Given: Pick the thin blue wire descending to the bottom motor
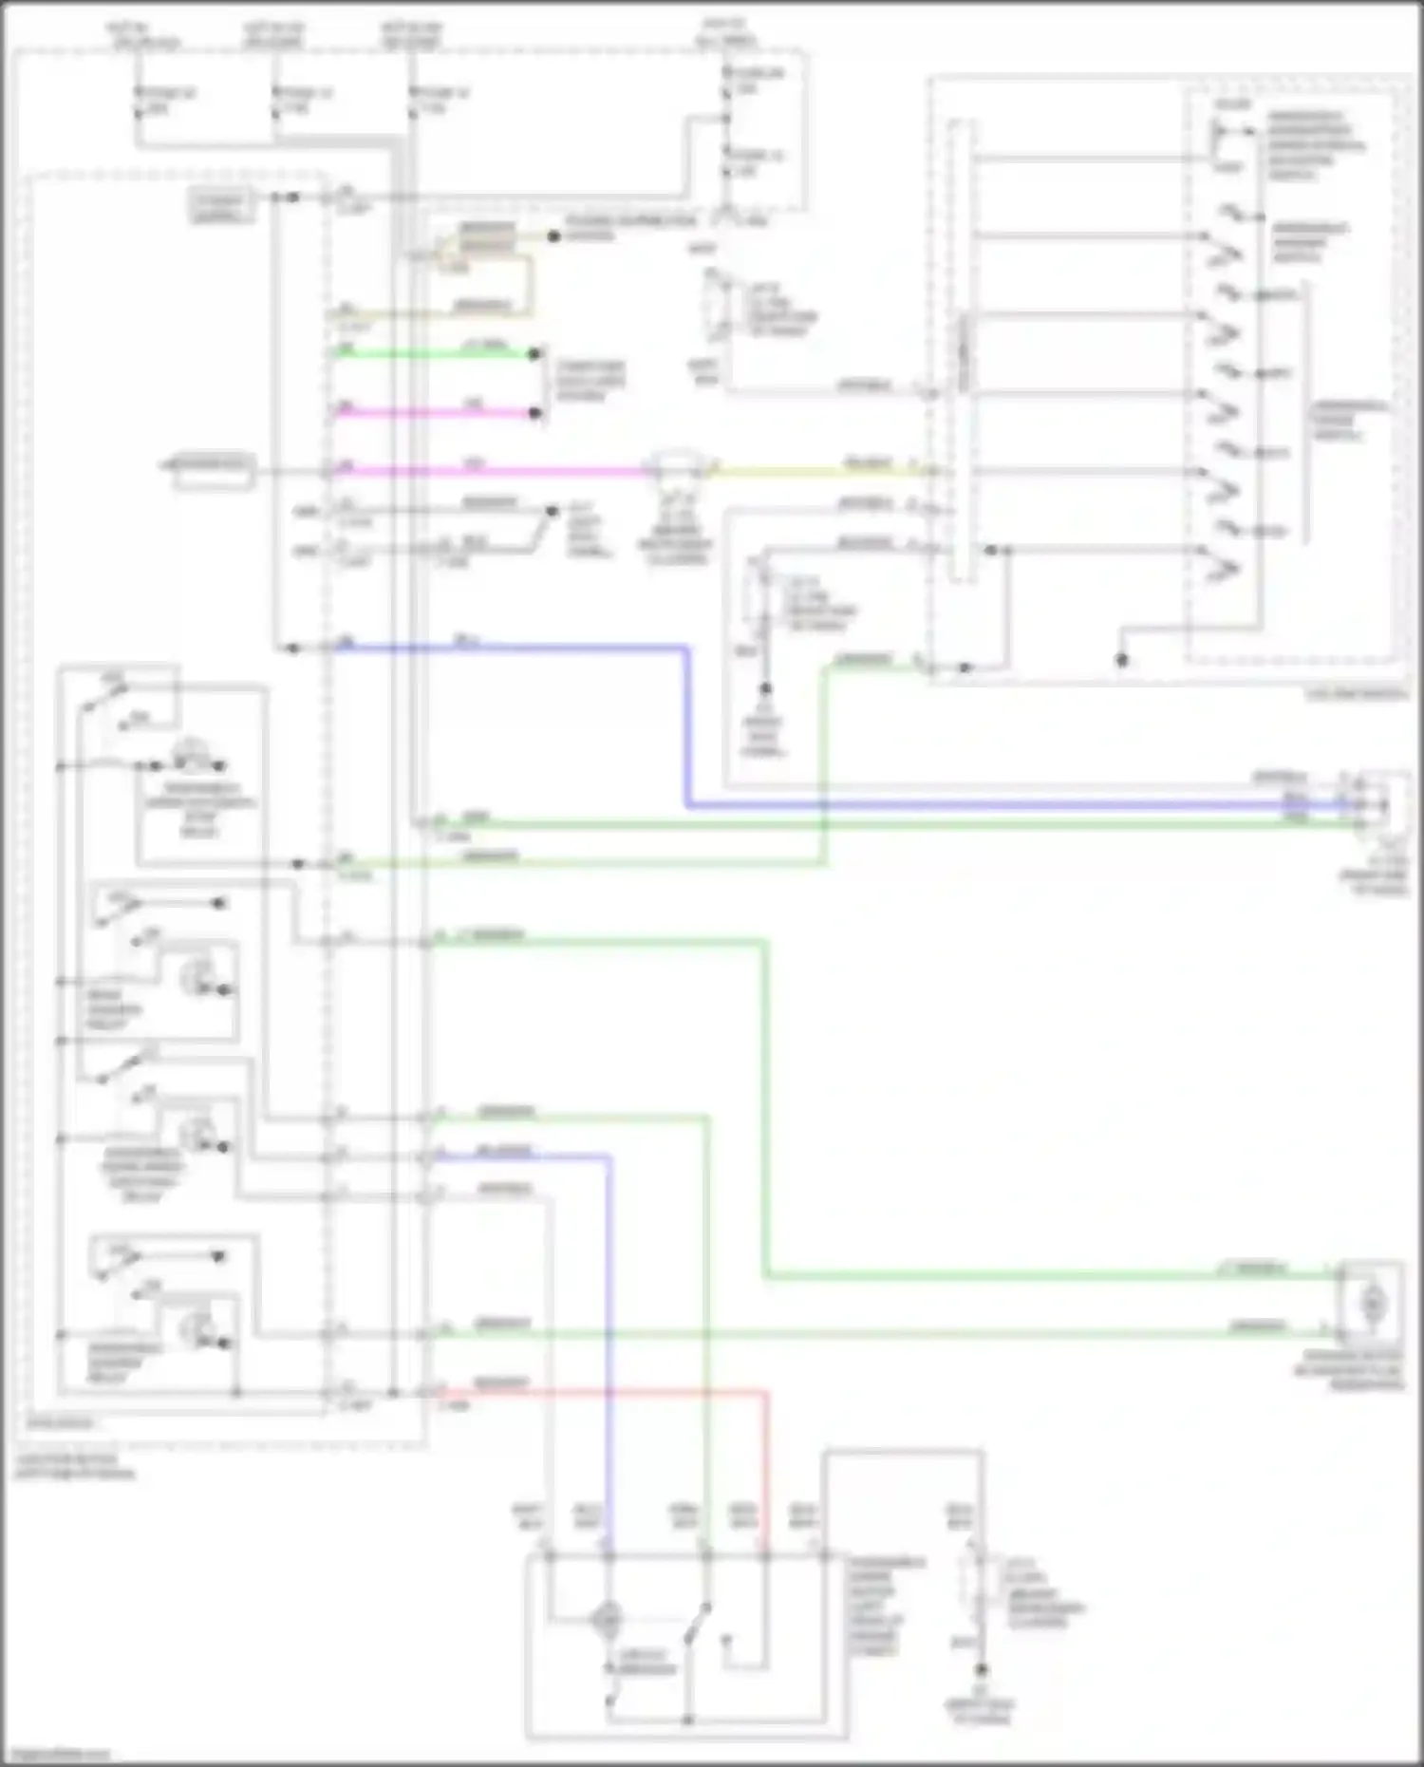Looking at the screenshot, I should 609,1329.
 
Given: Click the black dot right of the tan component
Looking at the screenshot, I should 553,235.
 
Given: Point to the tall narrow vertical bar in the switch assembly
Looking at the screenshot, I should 962,351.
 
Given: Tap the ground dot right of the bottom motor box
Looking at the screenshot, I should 982,1669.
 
